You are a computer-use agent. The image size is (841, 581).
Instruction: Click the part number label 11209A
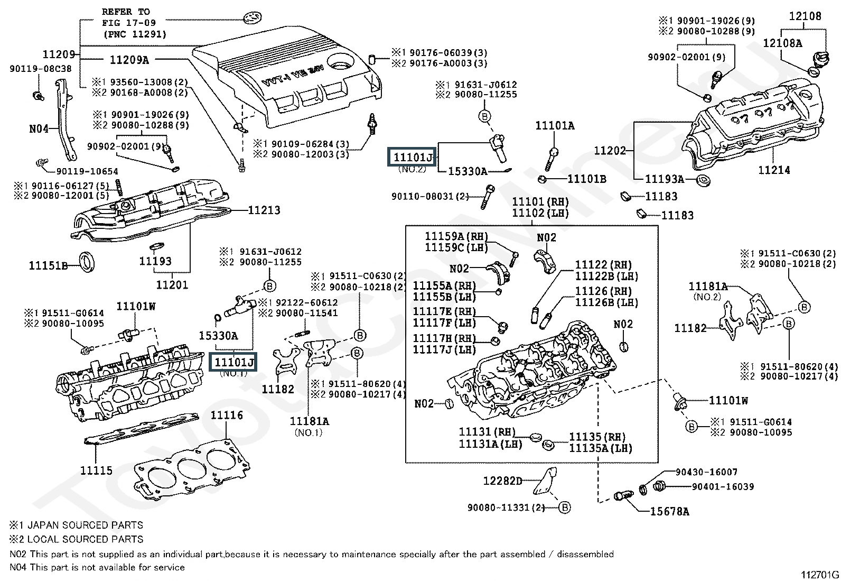[129, 60]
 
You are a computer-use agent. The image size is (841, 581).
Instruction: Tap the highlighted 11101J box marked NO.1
[234, 362]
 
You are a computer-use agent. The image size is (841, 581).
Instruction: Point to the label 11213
[264, 210]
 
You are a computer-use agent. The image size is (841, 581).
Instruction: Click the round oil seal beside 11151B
[88, 262]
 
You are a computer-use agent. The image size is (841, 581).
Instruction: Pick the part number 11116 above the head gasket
[227, 415]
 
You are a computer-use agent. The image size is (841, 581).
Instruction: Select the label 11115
[96, 469]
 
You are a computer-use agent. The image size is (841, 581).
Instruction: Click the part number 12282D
[502, 481]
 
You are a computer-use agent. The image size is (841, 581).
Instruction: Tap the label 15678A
[669, 511]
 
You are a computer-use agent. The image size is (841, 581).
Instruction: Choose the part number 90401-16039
[723, 486]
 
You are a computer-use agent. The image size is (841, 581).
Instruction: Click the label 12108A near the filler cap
[782, 43]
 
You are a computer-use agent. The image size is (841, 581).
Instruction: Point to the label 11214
[774, 170]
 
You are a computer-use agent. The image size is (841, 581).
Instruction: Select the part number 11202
[610, 151]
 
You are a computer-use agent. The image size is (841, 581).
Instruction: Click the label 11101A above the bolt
[555, 125]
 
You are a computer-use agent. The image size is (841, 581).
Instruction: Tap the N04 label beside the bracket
[39, 128]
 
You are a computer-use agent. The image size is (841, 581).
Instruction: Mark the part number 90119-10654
[87, 171]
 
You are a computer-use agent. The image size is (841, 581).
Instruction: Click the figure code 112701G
[819, 575]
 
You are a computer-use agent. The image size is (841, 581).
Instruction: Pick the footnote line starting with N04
[97, 567]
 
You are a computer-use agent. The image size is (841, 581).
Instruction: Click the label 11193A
[665, 179]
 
